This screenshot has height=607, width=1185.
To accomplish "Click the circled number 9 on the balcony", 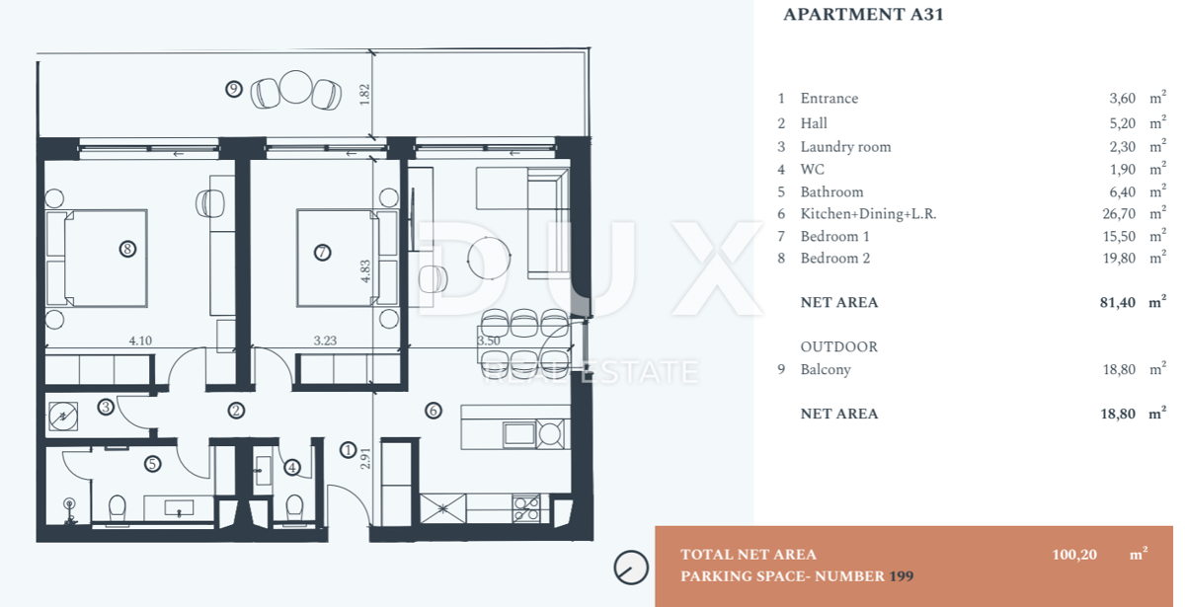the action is tap(234, 89).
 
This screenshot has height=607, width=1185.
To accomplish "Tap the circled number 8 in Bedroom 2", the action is tap(127, 249).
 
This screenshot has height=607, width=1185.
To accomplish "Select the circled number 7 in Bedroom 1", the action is tap(323, 253).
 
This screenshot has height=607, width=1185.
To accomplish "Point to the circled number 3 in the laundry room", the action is tap(106, 407).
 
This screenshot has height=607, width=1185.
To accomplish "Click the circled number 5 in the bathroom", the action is tap(152, 464).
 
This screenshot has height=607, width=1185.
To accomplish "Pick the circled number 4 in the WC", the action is tap(292, 467).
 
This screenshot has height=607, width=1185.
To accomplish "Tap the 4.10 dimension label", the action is tap(140, 341).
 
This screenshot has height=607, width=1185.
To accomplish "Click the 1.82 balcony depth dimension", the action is tap(364, 94).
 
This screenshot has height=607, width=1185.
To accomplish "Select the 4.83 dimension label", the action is tap(365, 271).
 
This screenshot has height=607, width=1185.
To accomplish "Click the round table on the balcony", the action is tap(295, 87).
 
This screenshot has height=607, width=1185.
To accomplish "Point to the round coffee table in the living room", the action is tap(489, 258).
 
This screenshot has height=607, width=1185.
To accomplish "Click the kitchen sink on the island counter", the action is tap(519, 434).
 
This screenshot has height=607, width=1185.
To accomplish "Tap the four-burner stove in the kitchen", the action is tap(526, 508).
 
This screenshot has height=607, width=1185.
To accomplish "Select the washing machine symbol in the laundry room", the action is tap(63, 417).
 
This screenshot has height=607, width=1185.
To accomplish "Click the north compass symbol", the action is tap(631, 568).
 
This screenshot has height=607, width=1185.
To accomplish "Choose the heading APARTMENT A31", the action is tap(863, 14).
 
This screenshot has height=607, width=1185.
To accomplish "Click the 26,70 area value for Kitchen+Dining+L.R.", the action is tap(1119, 213).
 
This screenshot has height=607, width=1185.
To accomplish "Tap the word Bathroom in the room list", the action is tap(831, 191).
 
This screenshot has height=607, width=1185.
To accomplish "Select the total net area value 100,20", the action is tap(1074, 554).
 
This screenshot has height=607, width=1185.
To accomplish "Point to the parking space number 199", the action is tap(902, 575).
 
